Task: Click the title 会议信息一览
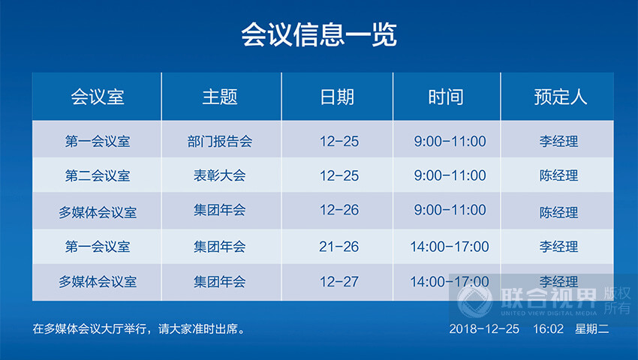(318, 34)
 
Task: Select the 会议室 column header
(98, 97)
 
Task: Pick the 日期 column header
(337, 97)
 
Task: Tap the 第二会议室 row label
(98, 176)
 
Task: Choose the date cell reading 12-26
(339, 211)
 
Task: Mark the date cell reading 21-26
(339, 246)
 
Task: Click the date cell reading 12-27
(339, 282)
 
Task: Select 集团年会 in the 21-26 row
(219, 246)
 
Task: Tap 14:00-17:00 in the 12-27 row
(449, 282)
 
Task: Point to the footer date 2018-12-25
(483, 328)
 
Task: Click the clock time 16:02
(548, 328)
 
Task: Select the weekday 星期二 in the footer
(592, 328)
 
